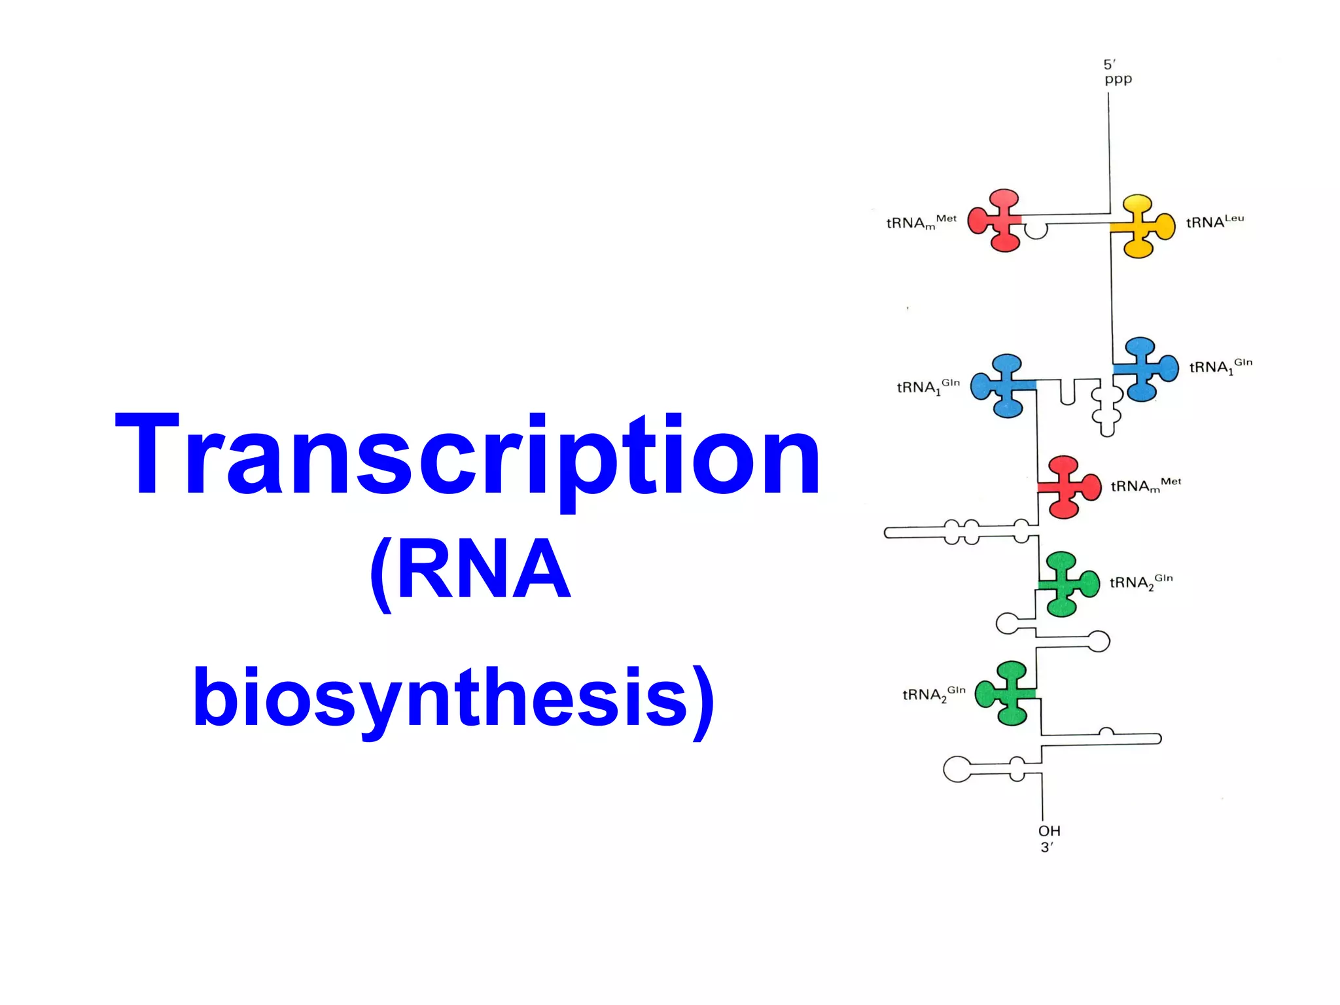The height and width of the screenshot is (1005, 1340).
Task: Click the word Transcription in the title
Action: coord(467,454)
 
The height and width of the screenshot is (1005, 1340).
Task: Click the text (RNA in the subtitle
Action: coord(470,569)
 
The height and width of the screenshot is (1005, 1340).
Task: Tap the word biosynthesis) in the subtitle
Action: coord(453,697)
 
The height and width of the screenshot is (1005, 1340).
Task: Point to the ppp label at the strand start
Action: coord(1118,80)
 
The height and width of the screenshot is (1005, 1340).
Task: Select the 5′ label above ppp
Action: coord(1110,64)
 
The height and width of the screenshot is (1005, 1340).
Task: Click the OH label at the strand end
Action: coord(1049,831)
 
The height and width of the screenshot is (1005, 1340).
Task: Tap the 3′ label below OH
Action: coord(1047,847)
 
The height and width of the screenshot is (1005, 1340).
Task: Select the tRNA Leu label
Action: coord(1215,222)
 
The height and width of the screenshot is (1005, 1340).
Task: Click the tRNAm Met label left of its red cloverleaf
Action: coord(921,222)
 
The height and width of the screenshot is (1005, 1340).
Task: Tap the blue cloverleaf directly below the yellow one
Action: coord(1144,369)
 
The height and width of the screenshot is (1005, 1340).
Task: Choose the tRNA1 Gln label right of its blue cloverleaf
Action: coord(1220,366)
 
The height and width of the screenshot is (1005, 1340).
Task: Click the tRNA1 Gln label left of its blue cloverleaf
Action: coord(928,387)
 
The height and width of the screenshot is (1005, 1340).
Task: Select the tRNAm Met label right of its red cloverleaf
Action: coord(1146,485)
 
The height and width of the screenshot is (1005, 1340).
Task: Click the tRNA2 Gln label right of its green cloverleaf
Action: coord(1141,582)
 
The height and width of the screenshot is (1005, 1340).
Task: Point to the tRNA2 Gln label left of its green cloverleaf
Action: coord(934,694)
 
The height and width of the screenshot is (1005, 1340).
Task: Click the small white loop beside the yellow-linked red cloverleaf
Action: coord(1035,230)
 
